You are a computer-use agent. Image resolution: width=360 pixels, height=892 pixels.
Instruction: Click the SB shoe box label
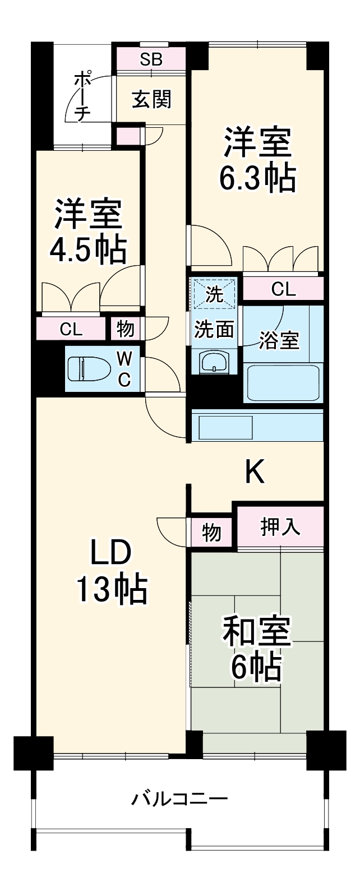click(151, 60)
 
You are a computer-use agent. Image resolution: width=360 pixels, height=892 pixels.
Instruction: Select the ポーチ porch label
click(82, 96)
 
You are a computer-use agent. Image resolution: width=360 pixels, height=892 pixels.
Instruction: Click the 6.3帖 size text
click(257, 178)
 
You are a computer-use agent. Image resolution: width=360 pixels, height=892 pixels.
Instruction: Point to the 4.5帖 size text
click(87, 250)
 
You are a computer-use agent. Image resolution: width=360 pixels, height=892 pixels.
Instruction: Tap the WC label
click(124, 368)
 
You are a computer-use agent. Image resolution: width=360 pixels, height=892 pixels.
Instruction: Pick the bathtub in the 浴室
click(283, 383)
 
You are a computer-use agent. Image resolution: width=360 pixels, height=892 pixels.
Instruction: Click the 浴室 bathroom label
click(279, 340)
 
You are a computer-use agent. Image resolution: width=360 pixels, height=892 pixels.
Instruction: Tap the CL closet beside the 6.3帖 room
click(283, 289)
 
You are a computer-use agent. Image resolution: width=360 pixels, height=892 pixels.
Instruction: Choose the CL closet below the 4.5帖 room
click(71, 330)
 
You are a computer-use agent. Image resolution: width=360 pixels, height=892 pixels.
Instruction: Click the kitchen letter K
click(255, 472)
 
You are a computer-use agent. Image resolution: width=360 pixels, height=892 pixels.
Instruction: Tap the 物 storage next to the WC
click(125, 330)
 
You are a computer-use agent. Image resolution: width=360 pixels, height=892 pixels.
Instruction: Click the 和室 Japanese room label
click(257, 632)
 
